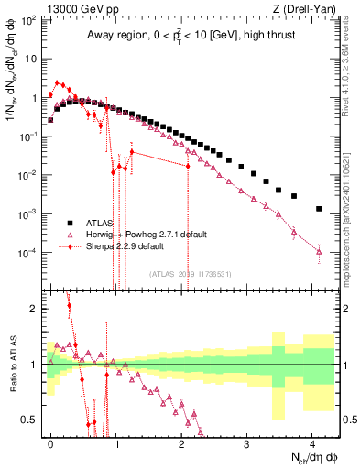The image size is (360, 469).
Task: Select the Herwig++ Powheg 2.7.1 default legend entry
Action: point(137,234)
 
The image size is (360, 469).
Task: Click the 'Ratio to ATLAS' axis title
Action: point(12,364)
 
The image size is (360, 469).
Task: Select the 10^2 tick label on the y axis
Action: point(27,19)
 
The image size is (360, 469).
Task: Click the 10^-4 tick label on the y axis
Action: point(27,252)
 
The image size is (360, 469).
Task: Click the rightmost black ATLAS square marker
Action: point(318,209)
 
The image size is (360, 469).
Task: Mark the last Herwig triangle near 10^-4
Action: point(318,251)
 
